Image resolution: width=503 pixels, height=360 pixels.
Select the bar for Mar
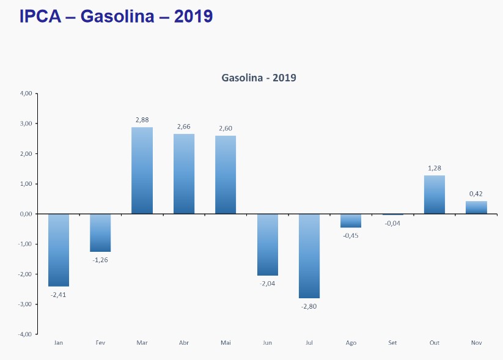pyautogui.click(x=142, y=171)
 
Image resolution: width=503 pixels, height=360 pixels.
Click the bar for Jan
pyautogui.click(x=59, y=250)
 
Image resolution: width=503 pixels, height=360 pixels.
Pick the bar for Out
pyautogui.click(x=434, y=194)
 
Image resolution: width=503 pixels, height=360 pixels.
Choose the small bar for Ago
pyautogui.click(x=351, y=221)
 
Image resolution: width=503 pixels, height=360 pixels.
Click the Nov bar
pyautogui.click(x=476, y=207)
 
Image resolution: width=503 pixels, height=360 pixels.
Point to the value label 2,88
pyautogui.click(x=142, y=120)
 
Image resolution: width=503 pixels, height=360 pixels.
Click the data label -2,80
pyautogui.click(x=309, y=306)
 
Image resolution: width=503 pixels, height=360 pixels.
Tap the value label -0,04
pyautogui.click(x=392, y=223)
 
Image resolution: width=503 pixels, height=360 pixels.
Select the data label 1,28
pyautogui.click(x=434, y=169)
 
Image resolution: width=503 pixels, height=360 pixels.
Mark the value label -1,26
pyautogui.click(x=100, y=260)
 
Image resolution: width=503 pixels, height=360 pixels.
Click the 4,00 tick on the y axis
pyautogui.click(x=25, y=94)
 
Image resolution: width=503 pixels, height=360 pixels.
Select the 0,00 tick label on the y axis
pyautogui.click(x=25, y=214)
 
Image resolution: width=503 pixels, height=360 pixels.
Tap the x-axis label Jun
pyautogui.click(x=267, y=343)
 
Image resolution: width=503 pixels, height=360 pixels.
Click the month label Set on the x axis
pyautogui.click(x=392, y=343)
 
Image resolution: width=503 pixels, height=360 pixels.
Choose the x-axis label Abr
pyautogui.click(x=183, y=343)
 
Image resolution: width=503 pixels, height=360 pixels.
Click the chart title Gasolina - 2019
pyautogui.click(x=258, y=78)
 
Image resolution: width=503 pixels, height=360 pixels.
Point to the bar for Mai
pyautogui.click(x=226, y=175)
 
